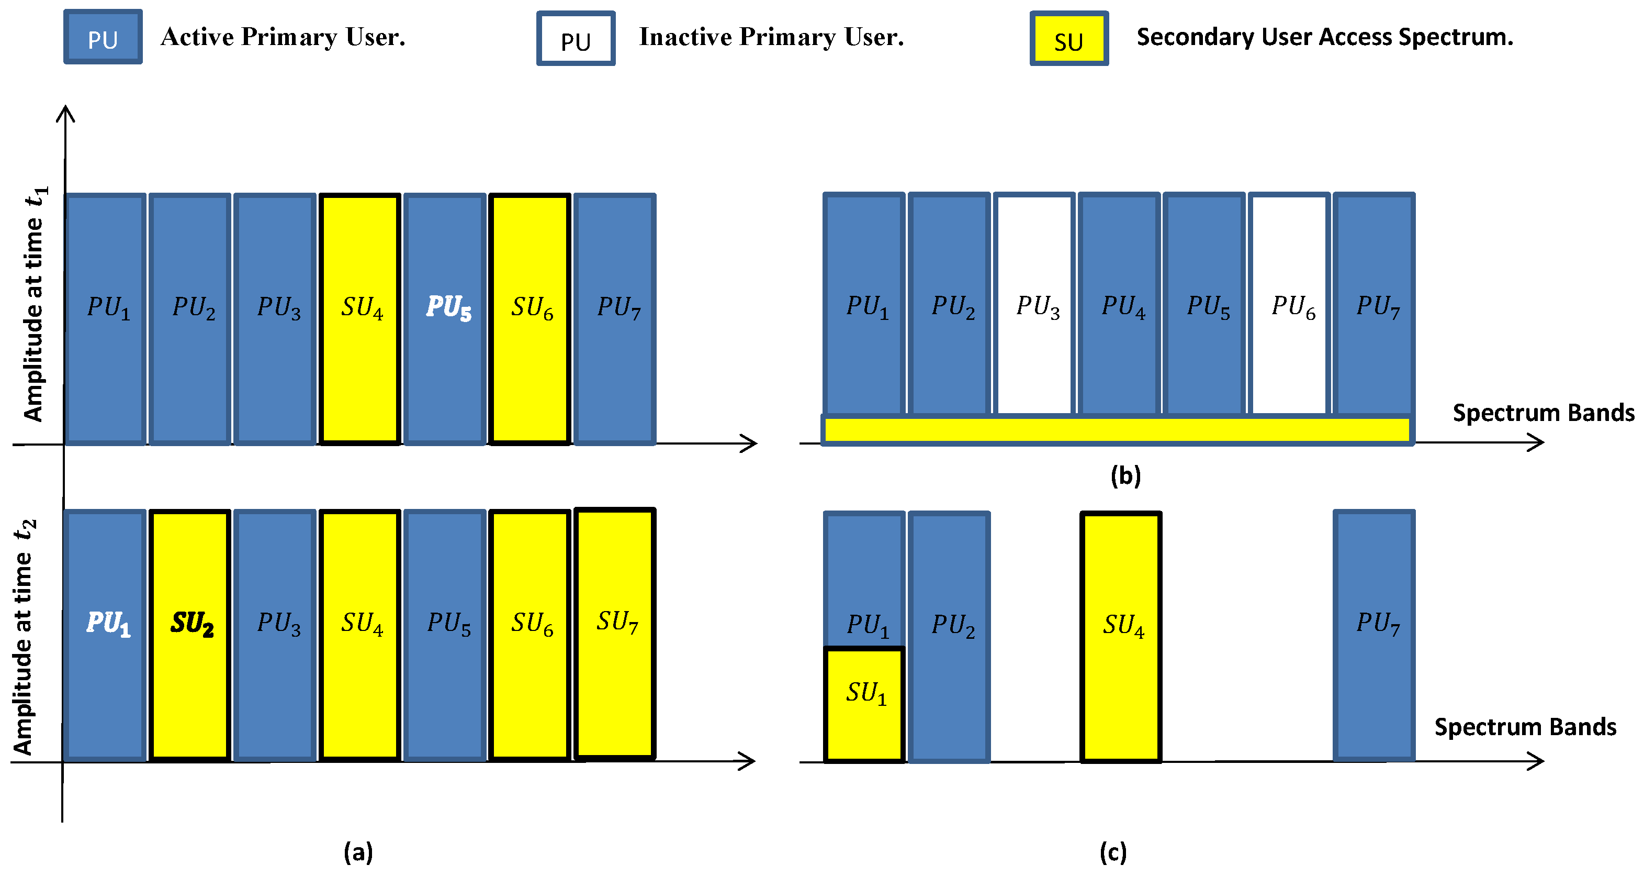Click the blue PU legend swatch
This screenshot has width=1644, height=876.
pyautogui.click(x=103, y=37)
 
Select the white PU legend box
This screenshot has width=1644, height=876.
pyautogui.click(x=576, y=38)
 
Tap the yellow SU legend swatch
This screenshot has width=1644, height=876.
pyautogui.click(x=1069, y=38)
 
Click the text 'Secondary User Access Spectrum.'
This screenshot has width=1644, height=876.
pyautogui.click(x=1325, y=37)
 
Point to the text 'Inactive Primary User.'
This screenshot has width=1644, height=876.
pyautogui.click(x=772, y=37)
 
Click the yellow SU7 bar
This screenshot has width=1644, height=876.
pyautogui.click(x=615, y=634)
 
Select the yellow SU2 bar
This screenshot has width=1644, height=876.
pyautogui.click(x=190, y=635)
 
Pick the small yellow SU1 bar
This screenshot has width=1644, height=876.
pyautogui.click(x=865, y=705)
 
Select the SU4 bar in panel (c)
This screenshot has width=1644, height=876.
pyautogui.click(x=1121, y=637)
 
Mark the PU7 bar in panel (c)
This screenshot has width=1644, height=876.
pyautogui.click(x=1374, y=635)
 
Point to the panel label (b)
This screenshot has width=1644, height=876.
pyautogui.click(x=1125, y=475)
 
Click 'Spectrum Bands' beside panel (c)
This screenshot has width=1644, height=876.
pyautogui.click(x=1525, y=727)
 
